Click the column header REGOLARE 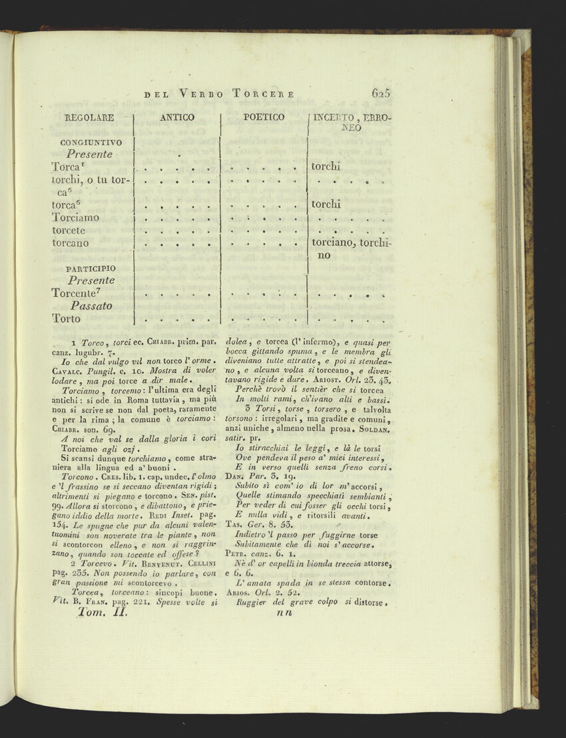click(89, 118)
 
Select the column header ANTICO click(177, 118)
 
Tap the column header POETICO click(264, 117)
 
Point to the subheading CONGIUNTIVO click(91, 142)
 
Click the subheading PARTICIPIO click(90, 268)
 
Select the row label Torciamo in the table click(75, 218)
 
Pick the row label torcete click(69, 230)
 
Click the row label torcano click(70, 243)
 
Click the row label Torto click(66, 318)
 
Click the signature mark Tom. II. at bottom click(97, 614)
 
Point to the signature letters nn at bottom click(284, 614)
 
